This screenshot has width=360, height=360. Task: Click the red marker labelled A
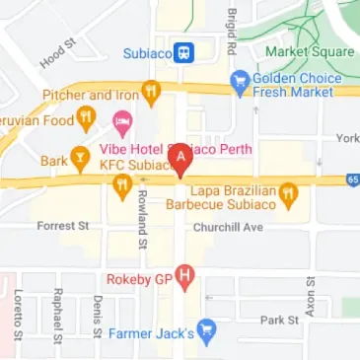(180, 158)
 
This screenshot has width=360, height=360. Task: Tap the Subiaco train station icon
(184, 53)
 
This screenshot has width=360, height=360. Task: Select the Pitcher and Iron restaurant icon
(151, 95)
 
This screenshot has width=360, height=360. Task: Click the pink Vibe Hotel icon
(122, 123)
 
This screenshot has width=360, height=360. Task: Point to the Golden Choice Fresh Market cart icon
(239, 85)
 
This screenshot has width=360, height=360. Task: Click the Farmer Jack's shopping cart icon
(206, 331)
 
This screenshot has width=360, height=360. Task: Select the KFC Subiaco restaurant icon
(123, 185)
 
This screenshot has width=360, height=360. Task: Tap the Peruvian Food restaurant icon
(86, 119)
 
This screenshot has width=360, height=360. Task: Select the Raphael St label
(58, 312)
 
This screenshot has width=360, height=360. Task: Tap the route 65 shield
(353, 180)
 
